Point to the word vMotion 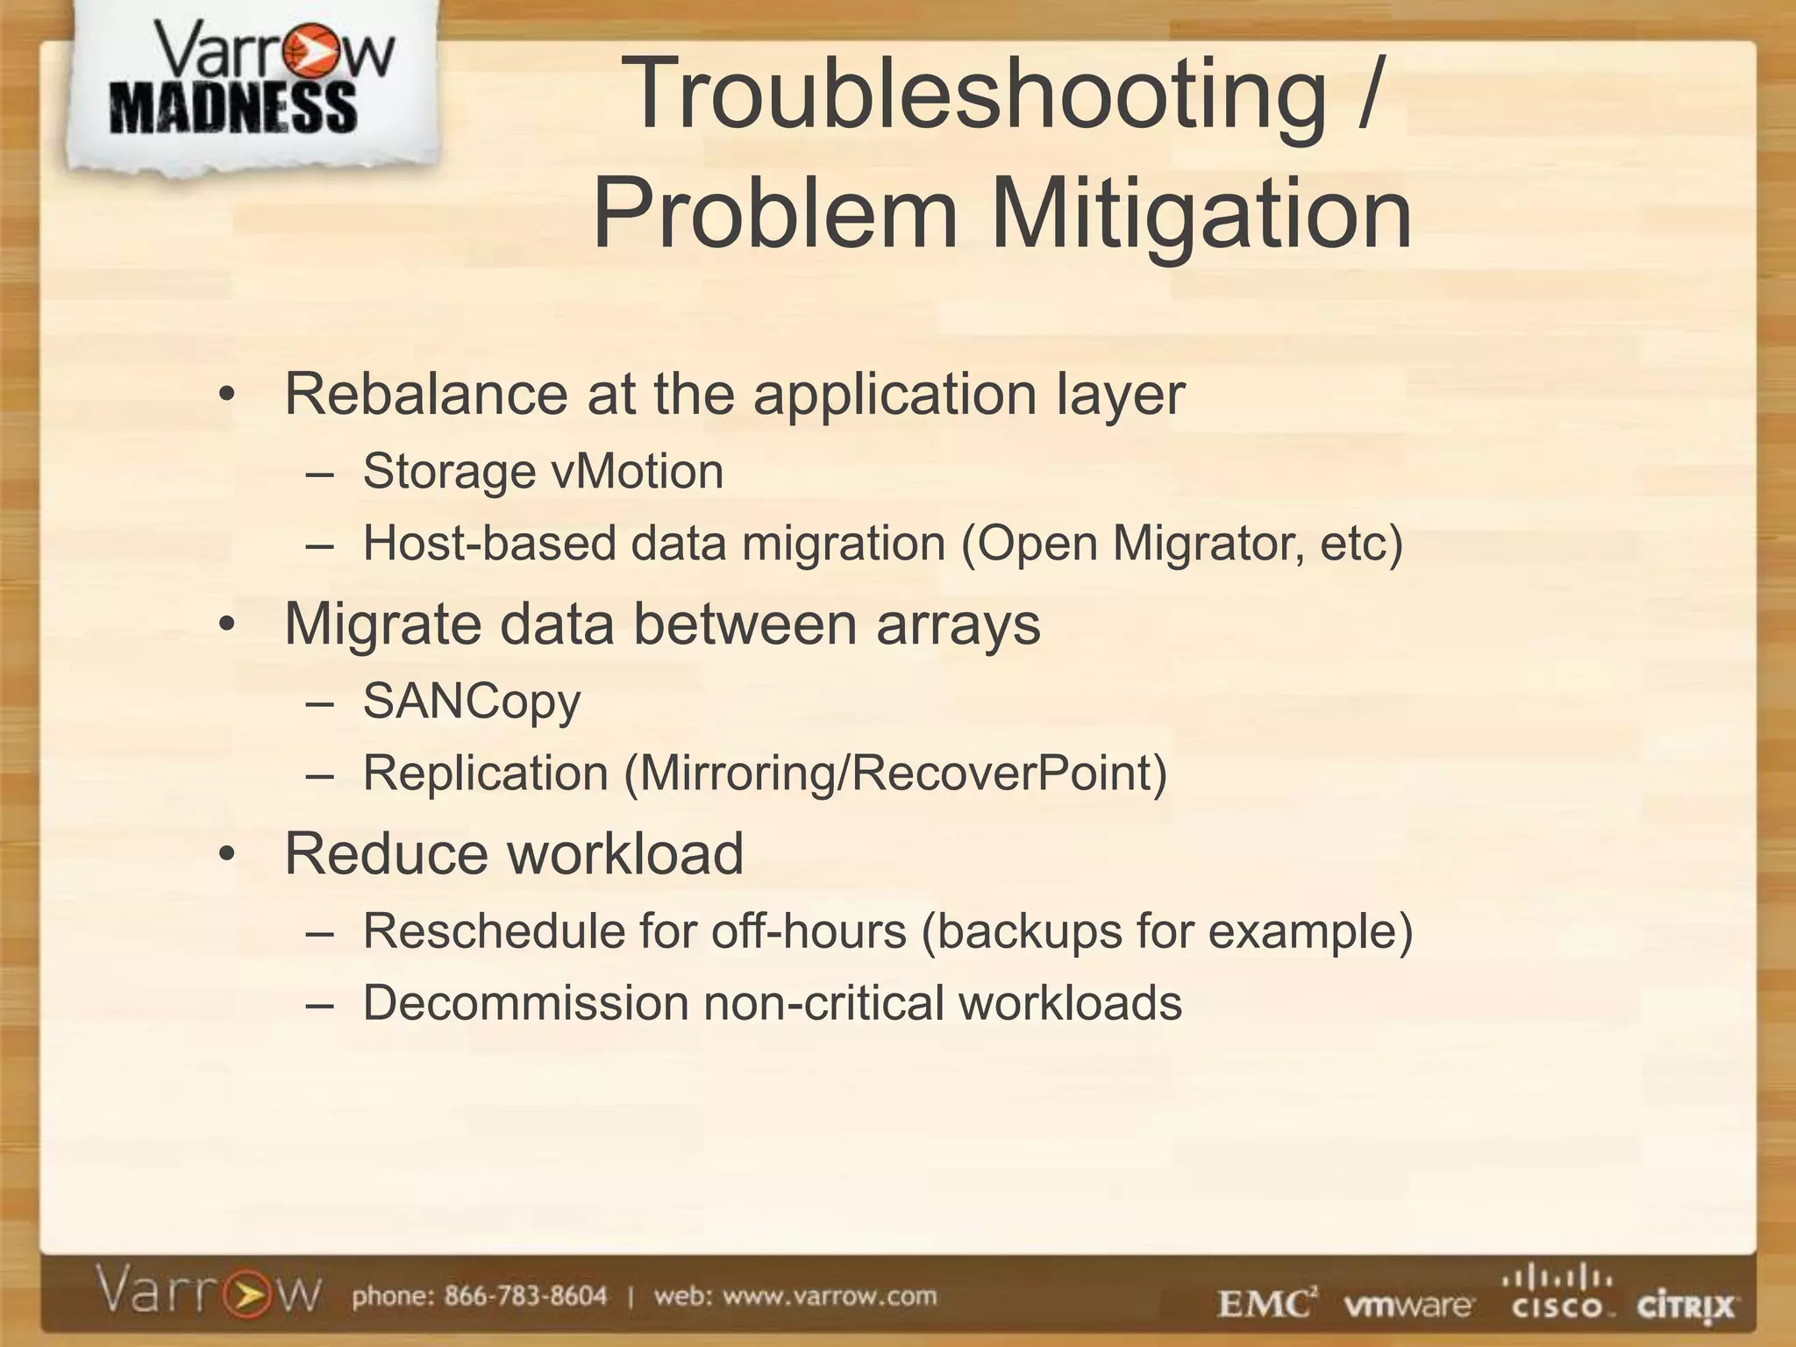pyautogui.click(x=637, y=472)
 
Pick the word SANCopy pyautogui.click(x=472, y=702)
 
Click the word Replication pyautogui.click(x=486, y=773)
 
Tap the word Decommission pyautogui.click(x=525, y=1003)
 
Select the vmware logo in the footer pyautogui.click(x=1408, y=1305)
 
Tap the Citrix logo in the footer pyautogui.click(x=1685, y=1307)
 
